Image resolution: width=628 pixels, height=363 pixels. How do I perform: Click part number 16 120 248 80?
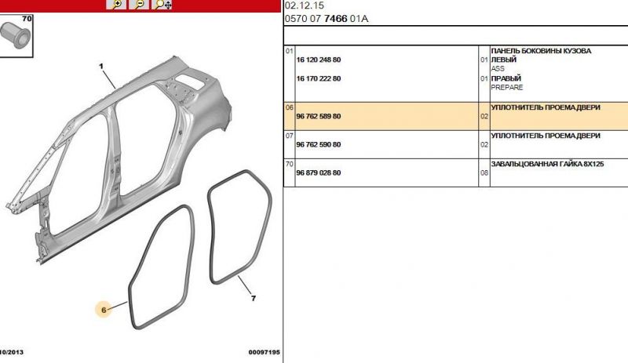coord(319,60)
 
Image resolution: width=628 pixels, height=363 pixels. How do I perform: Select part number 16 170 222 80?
coord(319,79)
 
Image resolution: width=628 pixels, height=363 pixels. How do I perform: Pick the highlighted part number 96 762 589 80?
coord(319,117)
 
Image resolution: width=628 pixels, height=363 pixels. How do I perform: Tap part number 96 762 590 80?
coord(319,144)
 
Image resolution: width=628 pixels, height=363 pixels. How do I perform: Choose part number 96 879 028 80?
coord(319,173)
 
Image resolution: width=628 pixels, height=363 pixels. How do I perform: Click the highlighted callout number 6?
coord(104,310)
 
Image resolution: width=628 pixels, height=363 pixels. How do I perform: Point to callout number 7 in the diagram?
coord(253,299)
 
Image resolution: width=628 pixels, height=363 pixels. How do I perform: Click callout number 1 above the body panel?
coord(101,66)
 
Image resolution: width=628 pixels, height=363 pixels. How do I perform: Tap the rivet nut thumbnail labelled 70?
coord(16,35)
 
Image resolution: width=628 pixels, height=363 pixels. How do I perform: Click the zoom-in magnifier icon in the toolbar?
coord(116,5)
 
